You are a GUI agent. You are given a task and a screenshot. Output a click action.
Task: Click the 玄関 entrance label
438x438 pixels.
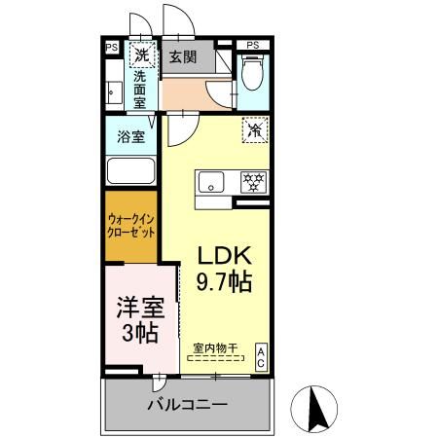tap(182, 56)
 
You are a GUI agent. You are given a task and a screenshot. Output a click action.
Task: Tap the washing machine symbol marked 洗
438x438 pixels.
tap(143, 55)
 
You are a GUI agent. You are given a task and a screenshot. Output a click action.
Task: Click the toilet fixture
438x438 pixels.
tap(253, 73)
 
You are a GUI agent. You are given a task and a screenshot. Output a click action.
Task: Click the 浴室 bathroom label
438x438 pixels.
tap(131, 136)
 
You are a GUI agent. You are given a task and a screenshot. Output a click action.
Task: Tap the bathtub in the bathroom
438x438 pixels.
tap(132, 172)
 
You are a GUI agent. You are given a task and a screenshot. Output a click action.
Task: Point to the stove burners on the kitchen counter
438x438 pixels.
tap(254, 181)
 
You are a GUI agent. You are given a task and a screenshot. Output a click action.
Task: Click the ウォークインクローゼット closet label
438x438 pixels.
tap(131, 227)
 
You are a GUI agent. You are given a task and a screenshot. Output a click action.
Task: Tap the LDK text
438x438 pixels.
tap(226, 255)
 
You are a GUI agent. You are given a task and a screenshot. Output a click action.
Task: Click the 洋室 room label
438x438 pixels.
tap(140, 309)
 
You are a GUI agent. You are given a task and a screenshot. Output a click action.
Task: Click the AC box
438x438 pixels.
tap(262, 356)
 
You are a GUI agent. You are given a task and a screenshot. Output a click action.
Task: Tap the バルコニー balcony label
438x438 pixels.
tap(188, 403)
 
